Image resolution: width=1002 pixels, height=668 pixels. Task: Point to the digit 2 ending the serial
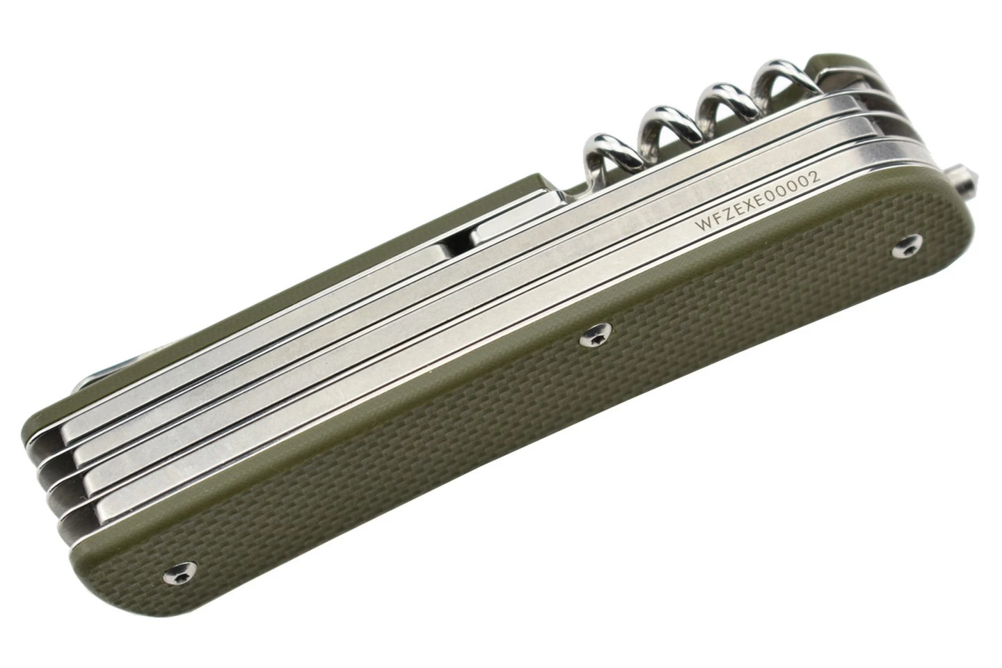pos(815,176)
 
